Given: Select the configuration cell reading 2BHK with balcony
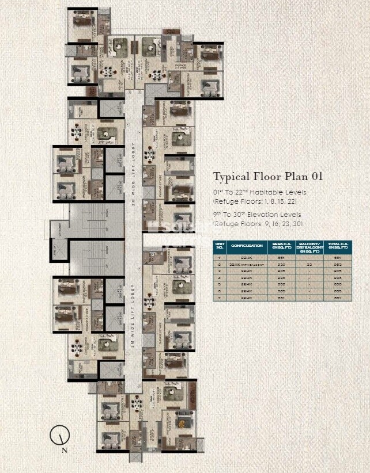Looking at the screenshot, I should pyautogui.click(x=247, y=264).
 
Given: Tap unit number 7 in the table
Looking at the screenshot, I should pyautogui.click(x=220, y=298).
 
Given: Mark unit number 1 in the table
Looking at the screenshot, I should pyautogui.click(x=220, y=257).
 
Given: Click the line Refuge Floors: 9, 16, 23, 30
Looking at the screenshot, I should pyautogui.click(x=258, y=223).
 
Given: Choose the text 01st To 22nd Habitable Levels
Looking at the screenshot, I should pyautogui.click(x=260, y=192).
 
